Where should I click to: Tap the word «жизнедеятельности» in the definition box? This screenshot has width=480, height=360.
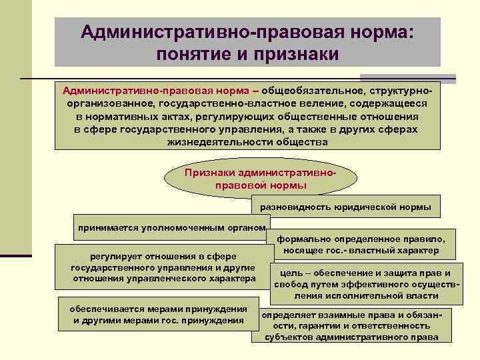[209, 142]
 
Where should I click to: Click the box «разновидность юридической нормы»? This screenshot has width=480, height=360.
[345, 207]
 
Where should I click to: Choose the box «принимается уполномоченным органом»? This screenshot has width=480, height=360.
[171, 227]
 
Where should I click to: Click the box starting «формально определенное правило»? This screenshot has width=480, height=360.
[361, 245]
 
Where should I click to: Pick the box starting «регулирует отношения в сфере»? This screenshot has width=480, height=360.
[163, 267]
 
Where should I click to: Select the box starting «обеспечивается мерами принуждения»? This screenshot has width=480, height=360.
[158, 314]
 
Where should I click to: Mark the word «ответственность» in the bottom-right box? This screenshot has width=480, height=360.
[391, 325]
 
